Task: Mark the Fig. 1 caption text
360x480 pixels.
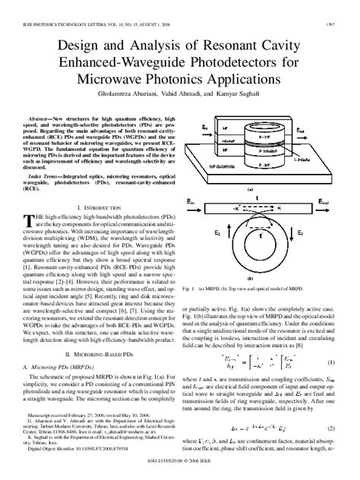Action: pos(246,289)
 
